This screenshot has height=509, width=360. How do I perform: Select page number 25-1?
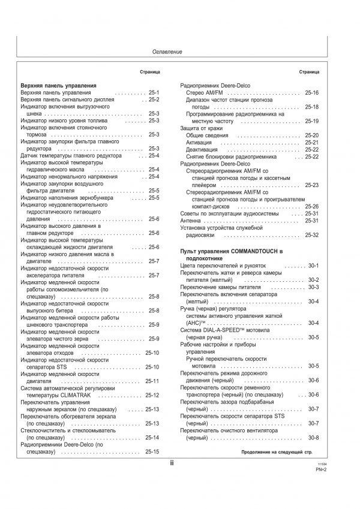[152, 94]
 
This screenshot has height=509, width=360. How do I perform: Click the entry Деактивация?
[202, 149]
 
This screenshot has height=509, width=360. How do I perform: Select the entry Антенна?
[191, 221]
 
